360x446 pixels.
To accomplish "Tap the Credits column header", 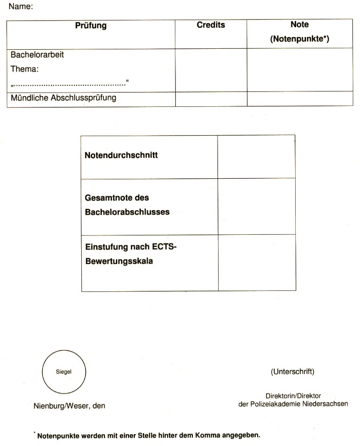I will pos(211,25).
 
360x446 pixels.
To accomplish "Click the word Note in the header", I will pos(299,25).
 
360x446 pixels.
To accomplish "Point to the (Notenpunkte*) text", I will pos(299,39).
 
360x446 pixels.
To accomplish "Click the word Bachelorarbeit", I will pos(37,54).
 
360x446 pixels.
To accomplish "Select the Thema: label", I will pos(25,68).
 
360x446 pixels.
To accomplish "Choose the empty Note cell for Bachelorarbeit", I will pos(300,70).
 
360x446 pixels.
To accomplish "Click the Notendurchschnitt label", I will pos(121,156).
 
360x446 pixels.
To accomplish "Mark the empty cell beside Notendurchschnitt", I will pos(256,156).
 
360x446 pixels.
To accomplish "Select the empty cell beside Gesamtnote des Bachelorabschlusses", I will pos(256,206).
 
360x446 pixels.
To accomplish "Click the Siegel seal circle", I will pos(63,371).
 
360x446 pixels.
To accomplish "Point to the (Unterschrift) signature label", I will pos(292,371).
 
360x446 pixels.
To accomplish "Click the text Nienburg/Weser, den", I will pos(69,406).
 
